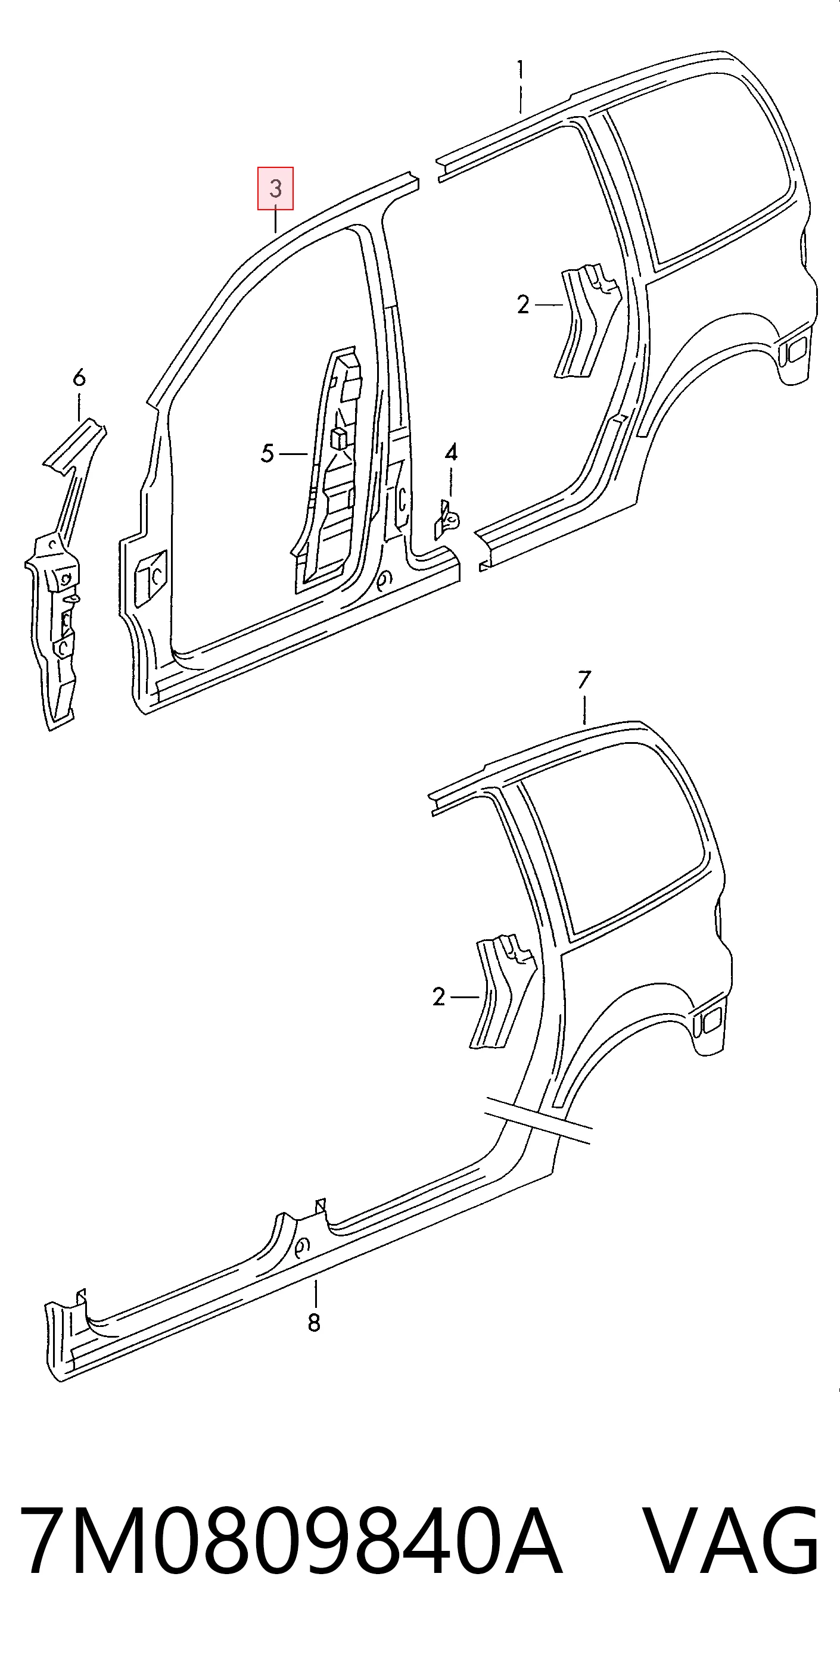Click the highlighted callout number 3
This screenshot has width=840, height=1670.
pyautogui.click(x=276, y=189)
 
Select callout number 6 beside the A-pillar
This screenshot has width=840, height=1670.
pyautogui.click(x=79, y=378)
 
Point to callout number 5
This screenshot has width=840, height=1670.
pyautogui.click(x=267, y=453)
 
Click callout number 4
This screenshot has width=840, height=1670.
pyautogui.click(x=451, y=452)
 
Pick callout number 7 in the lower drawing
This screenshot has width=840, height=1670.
pyautogui.click(x=584, y=680)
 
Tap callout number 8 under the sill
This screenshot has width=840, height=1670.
pyautogui.click(x=314, y=1322)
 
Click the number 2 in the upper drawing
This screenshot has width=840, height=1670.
pyautogui.click(x=524, y=304)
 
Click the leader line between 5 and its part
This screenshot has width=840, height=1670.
pyautogui.click(x=293, y=454)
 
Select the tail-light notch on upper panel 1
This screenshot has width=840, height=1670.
pyautogui.click(x=795, y=351)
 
